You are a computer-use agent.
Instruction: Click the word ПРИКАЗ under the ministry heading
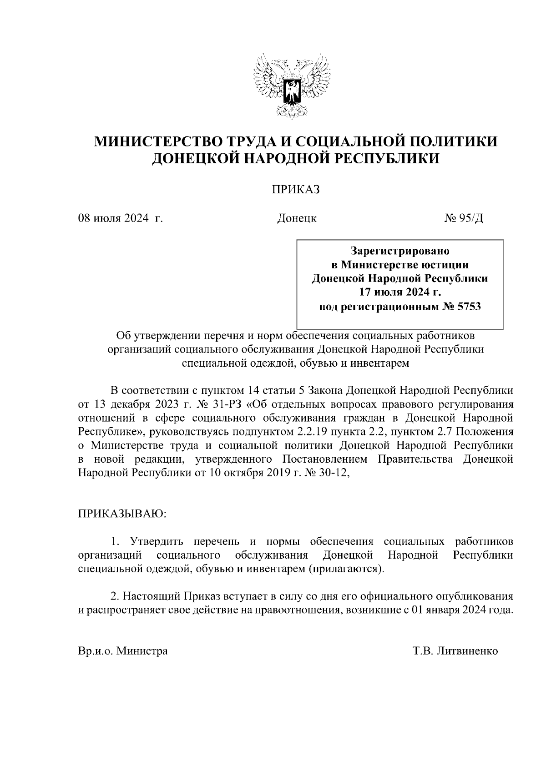pyautogui.click(x=296, y=189)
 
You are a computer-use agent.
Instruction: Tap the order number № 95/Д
pyautogui.click(x=464, y=218)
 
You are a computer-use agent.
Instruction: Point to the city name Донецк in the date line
pyautogui.click(x=297, y=218)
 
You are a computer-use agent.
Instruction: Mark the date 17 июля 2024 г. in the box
pyautogui.click(x=399, y=293)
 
